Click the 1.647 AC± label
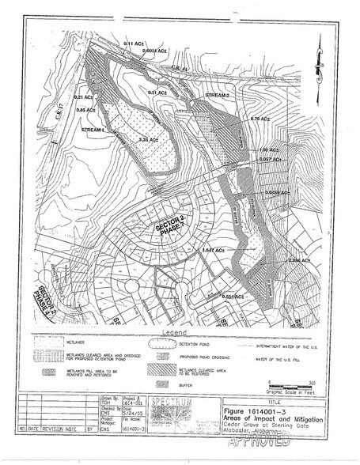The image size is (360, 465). pyautogui.click(x=214, y=250)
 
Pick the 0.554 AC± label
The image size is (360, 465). pyautogui.click(x=236, y=297)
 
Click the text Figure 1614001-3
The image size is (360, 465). pyautogui.click(x=261, y=412)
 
